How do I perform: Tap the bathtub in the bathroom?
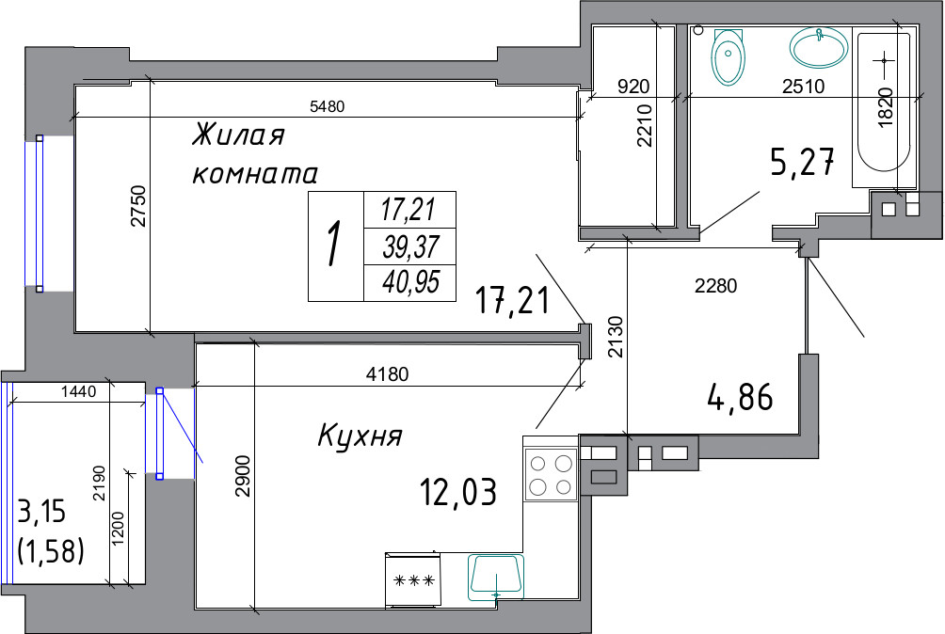tap(884, 103)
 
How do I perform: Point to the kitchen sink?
tap(496, 578)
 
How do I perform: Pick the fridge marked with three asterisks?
tap(413, 579)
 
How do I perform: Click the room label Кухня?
tap(360, 436)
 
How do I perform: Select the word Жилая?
tap(238, 134)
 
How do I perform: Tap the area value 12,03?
tap(458, 491)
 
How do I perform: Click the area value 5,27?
tap(803, 162)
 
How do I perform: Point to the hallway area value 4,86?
tap(740, 397)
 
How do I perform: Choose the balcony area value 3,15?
tap(42, 513)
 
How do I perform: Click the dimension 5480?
tap(327, 107)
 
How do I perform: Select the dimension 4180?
tap(388, 374)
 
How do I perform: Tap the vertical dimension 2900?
tap(243, 476)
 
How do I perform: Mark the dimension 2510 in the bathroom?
tap(804, 87)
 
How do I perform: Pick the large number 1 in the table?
tap(332, 244)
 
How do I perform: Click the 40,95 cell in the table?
tap(410, 282)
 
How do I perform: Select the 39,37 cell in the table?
tap(410, 246)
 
